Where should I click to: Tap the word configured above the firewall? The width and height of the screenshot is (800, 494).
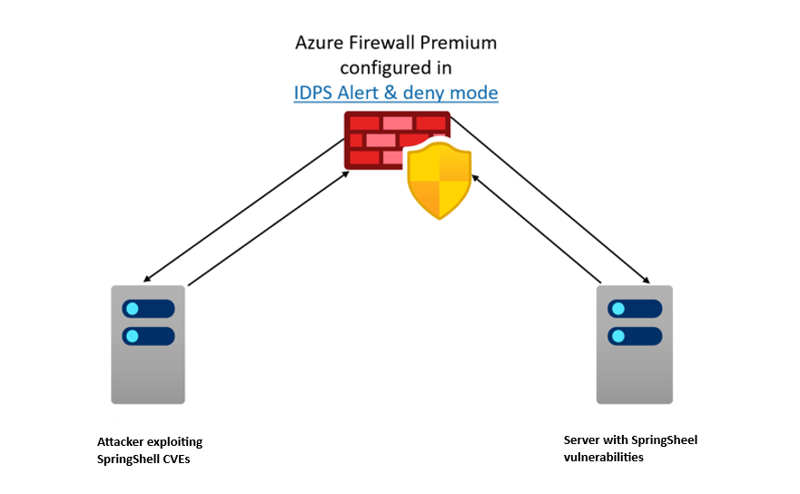pyautogui.click(x=380, y=68)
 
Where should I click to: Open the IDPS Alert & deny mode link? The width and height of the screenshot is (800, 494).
pyautogui.click(x=396, y=93)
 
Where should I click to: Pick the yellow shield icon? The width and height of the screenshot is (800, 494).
pyautogui.click(x=439, y=182)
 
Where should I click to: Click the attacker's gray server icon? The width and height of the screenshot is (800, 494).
pyautogui.click(x=148, y=344)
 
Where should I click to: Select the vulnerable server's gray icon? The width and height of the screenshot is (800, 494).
pyautogui.click(x=634, y=344)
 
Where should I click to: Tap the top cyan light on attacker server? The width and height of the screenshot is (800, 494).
pyautogui.click(x=133, y=307)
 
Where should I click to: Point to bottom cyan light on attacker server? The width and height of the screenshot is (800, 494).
pyautogui.click(x=133, y=336)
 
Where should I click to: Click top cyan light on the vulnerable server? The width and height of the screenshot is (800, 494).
pyautogui.click(x=618, y=307)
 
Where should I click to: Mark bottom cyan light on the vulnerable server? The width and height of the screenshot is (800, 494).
pyautogui.click(x=618, y=336)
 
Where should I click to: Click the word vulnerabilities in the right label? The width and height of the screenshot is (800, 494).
pyautogui.click(x=603, y=457)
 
